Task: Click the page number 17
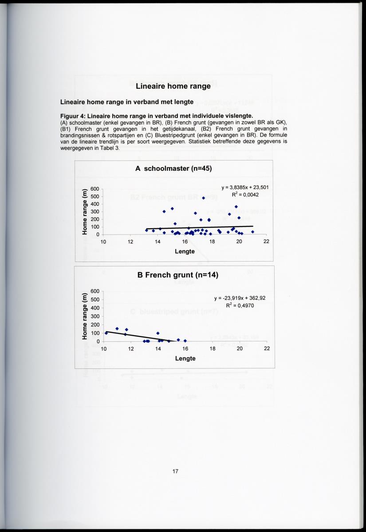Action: click(175, 471)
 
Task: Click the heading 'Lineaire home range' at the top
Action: click(173, 86)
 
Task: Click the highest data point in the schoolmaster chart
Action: click(204, 198)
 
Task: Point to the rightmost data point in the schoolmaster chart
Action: click(252, 231)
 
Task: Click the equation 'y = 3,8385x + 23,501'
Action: click(244, 187)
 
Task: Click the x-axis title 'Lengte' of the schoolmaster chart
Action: click(185, 251)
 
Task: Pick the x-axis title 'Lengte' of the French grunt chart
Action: click(185, 358)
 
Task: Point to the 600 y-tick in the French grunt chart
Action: click(95, 291)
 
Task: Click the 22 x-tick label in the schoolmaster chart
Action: click(267, 242)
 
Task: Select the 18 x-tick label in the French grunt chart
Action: click(213, 349)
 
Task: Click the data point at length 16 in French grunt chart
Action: click(185, 340)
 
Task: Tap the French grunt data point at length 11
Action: click(117, 329)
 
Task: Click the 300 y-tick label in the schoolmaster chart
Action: click(94, 212)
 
